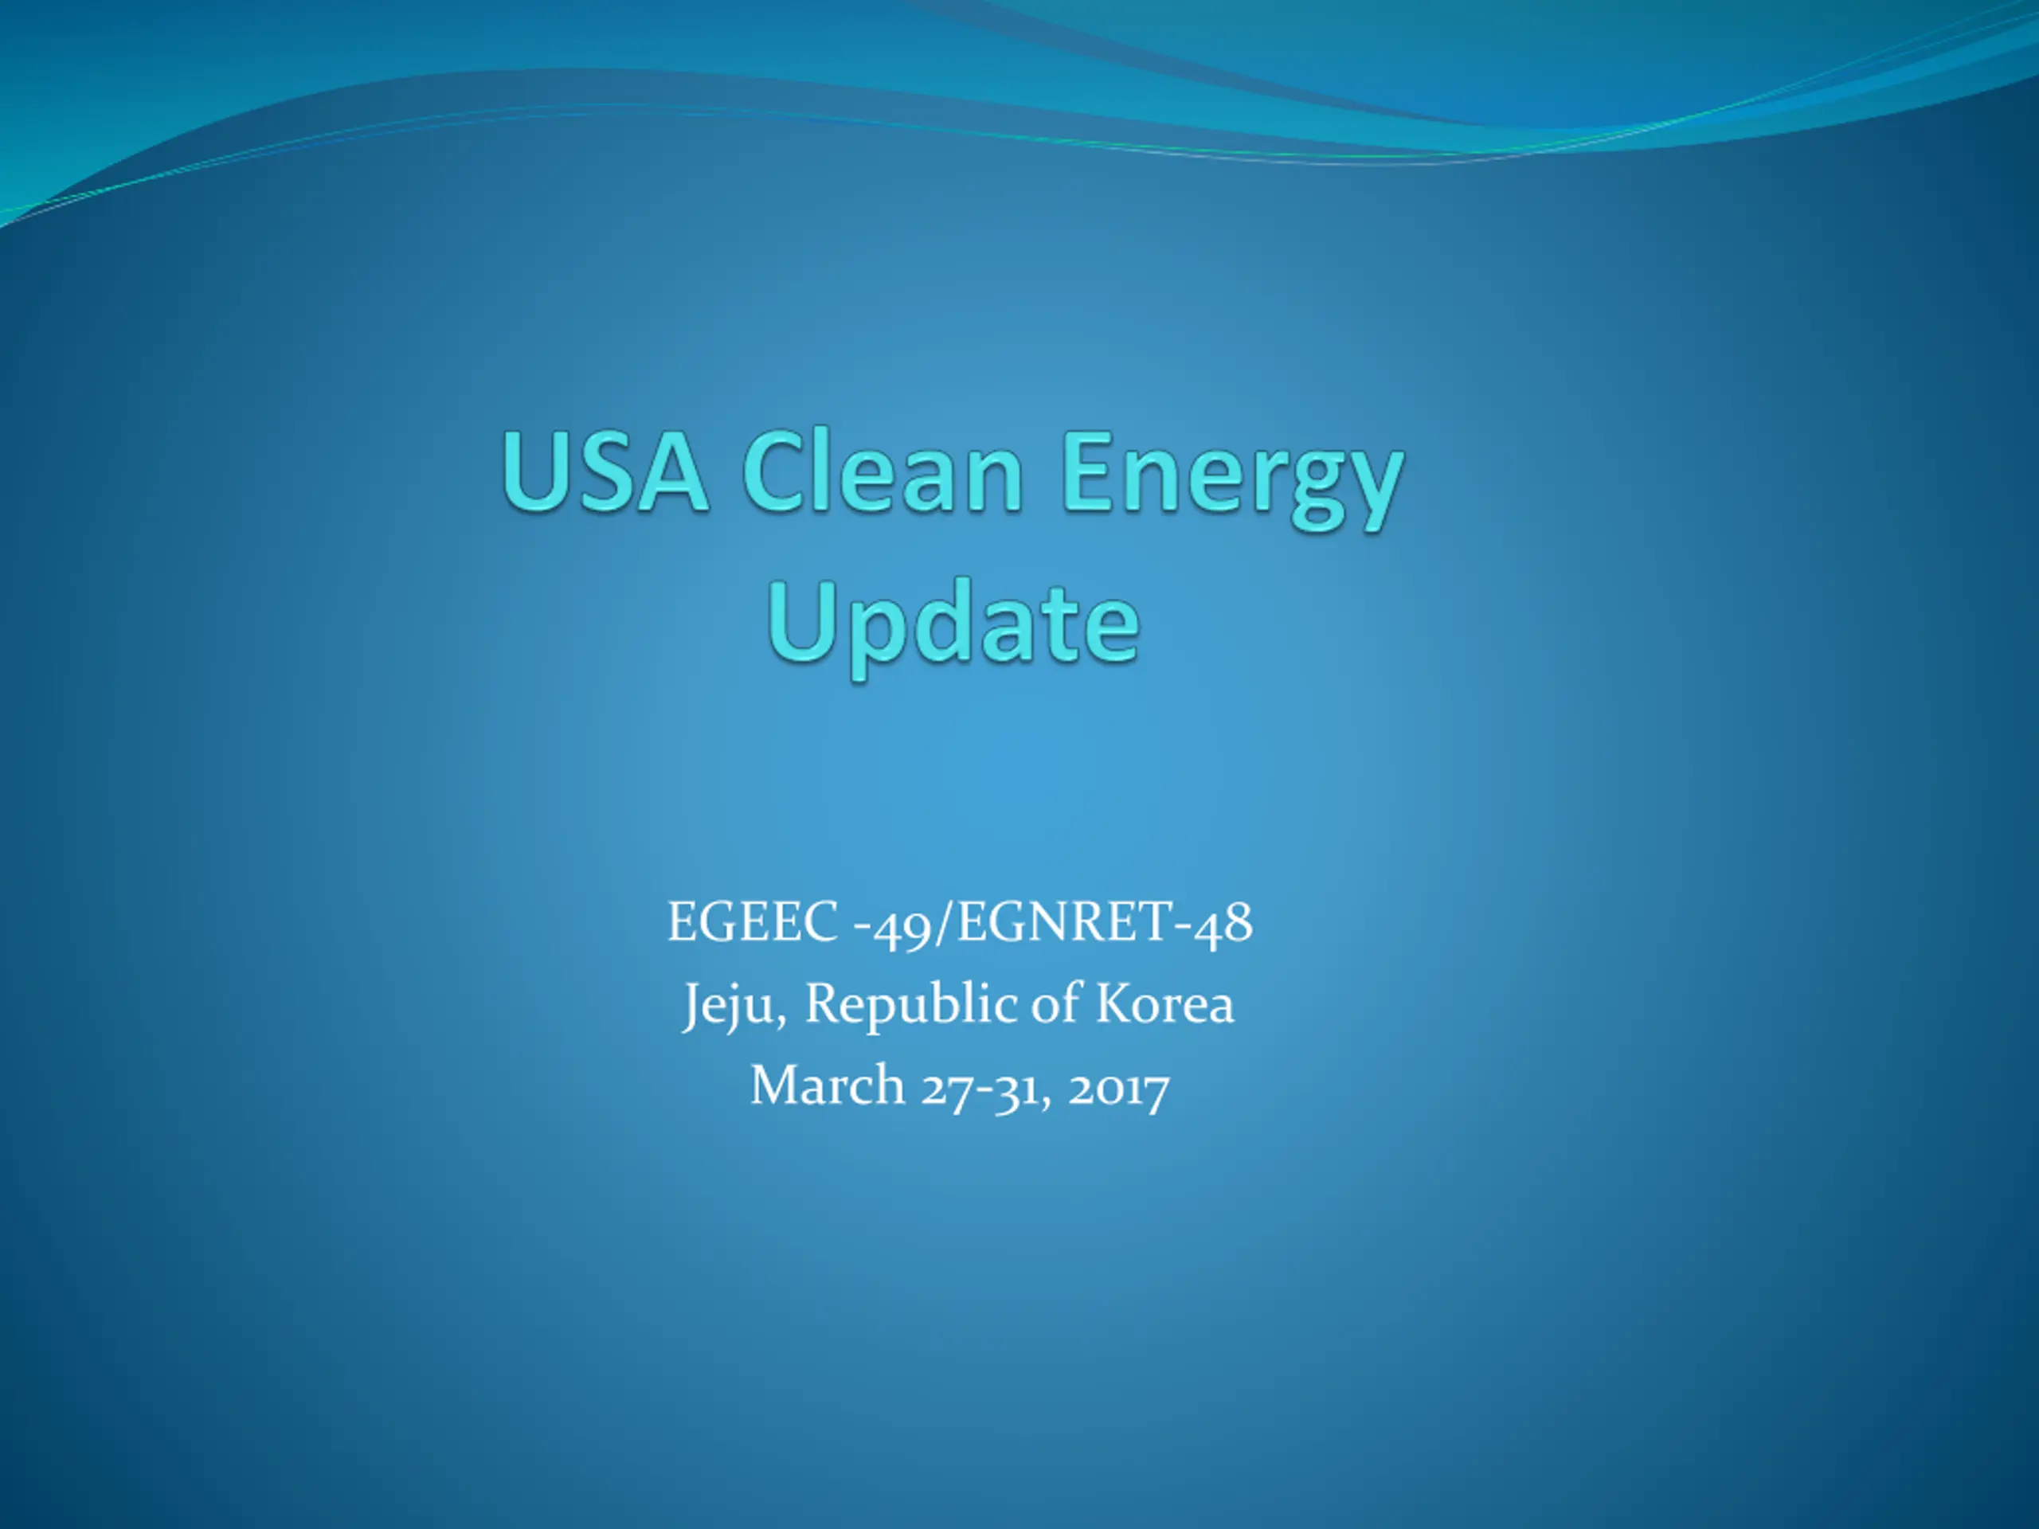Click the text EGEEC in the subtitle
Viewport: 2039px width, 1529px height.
752,921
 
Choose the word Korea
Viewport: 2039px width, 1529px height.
1164,1003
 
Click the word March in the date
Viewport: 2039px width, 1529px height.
828,1084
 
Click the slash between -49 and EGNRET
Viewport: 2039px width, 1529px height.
945,922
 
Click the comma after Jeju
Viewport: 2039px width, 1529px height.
781,1021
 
